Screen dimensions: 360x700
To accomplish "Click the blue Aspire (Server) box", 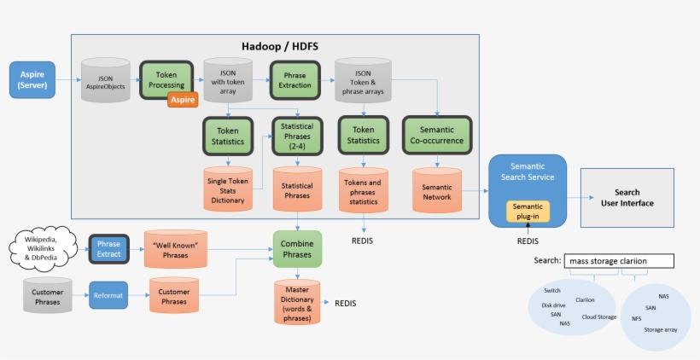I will tap(32, 79).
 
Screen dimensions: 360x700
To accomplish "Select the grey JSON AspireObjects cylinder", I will tap(105, 82).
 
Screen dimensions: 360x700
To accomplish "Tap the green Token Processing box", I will tap(166, 79).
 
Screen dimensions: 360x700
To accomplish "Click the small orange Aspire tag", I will tap(183, 100).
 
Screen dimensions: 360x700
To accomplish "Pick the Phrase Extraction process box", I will tap(295, 80).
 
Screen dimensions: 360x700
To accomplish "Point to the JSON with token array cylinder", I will tap(228, 82).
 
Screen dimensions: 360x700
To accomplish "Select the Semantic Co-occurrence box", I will tap(437, 135).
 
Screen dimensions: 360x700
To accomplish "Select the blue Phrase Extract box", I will tap(108, 249).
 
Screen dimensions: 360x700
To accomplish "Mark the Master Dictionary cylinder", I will tap(297, 304).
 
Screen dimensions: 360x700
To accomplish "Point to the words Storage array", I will tap(660, 328).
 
